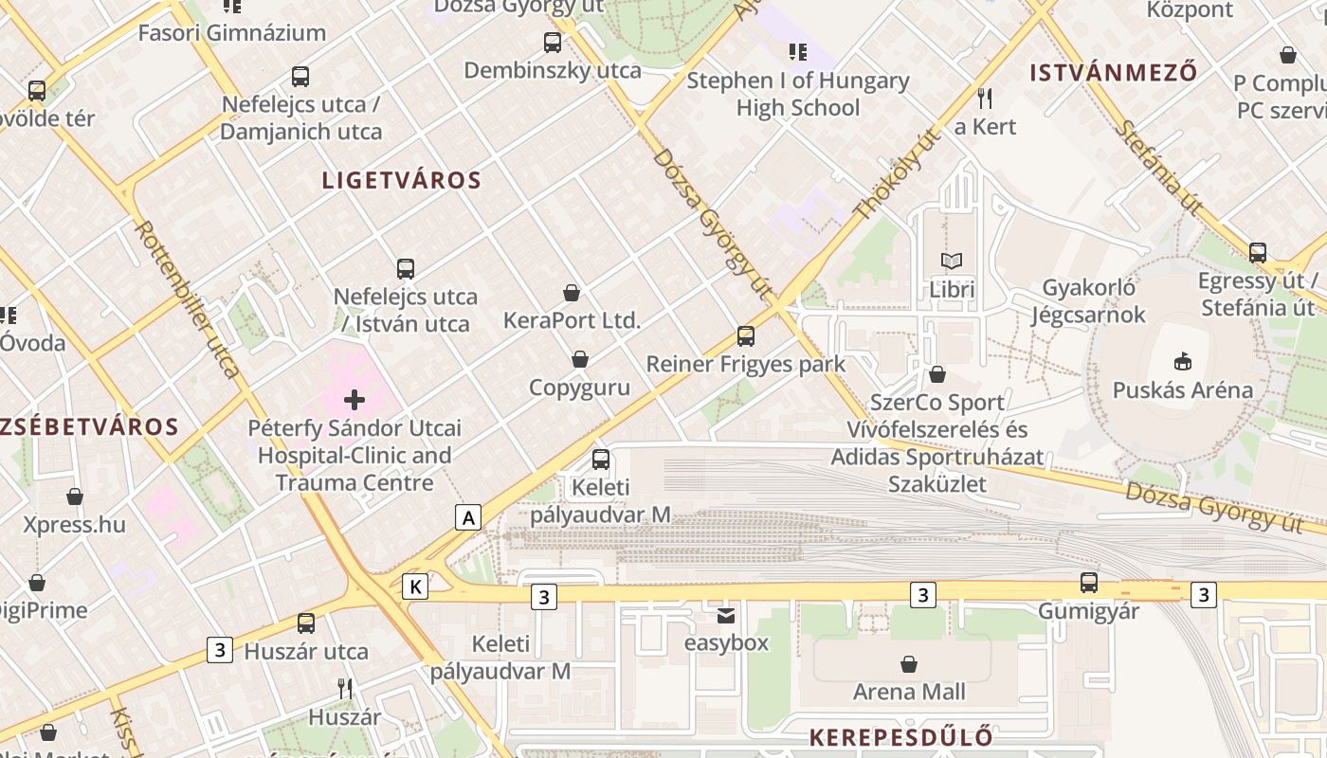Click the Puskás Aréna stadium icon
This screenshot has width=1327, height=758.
pos(1182,361)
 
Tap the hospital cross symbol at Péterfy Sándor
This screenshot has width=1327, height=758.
pos(354,400)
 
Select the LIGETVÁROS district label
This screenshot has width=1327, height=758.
pos(402,180)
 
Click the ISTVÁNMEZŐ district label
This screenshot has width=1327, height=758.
pos(1113,72)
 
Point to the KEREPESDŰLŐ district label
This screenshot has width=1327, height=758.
pos(901,737)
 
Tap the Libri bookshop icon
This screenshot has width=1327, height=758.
pos(951,261)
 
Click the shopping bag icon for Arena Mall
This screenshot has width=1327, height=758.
pos(908,663)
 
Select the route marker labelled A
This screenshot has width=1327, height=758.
pos(468,517)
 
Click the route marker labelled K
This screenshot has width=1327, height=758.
pos(415,587)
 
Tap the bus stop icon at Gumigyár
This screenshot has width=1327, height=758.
pos(1088,582)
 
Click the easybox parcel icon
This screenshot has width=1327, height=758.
pos(725,615)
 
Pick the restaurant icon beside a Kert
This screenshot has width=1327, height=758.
pos(985,98)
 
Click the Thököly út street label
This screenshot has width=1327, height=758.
pos(897,175)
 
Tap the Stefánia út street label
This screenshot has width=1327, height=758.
pos(1157,167)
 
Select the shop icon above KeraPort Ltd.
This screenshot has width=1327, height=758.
pos(572,293)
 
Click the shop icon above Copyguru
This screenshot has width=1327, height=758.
pos(579,359)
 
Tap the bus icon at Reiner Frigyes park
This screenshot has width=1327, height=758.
pos(746,335)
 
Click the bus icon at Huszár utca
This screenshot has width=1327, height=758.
pos(306,623)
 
